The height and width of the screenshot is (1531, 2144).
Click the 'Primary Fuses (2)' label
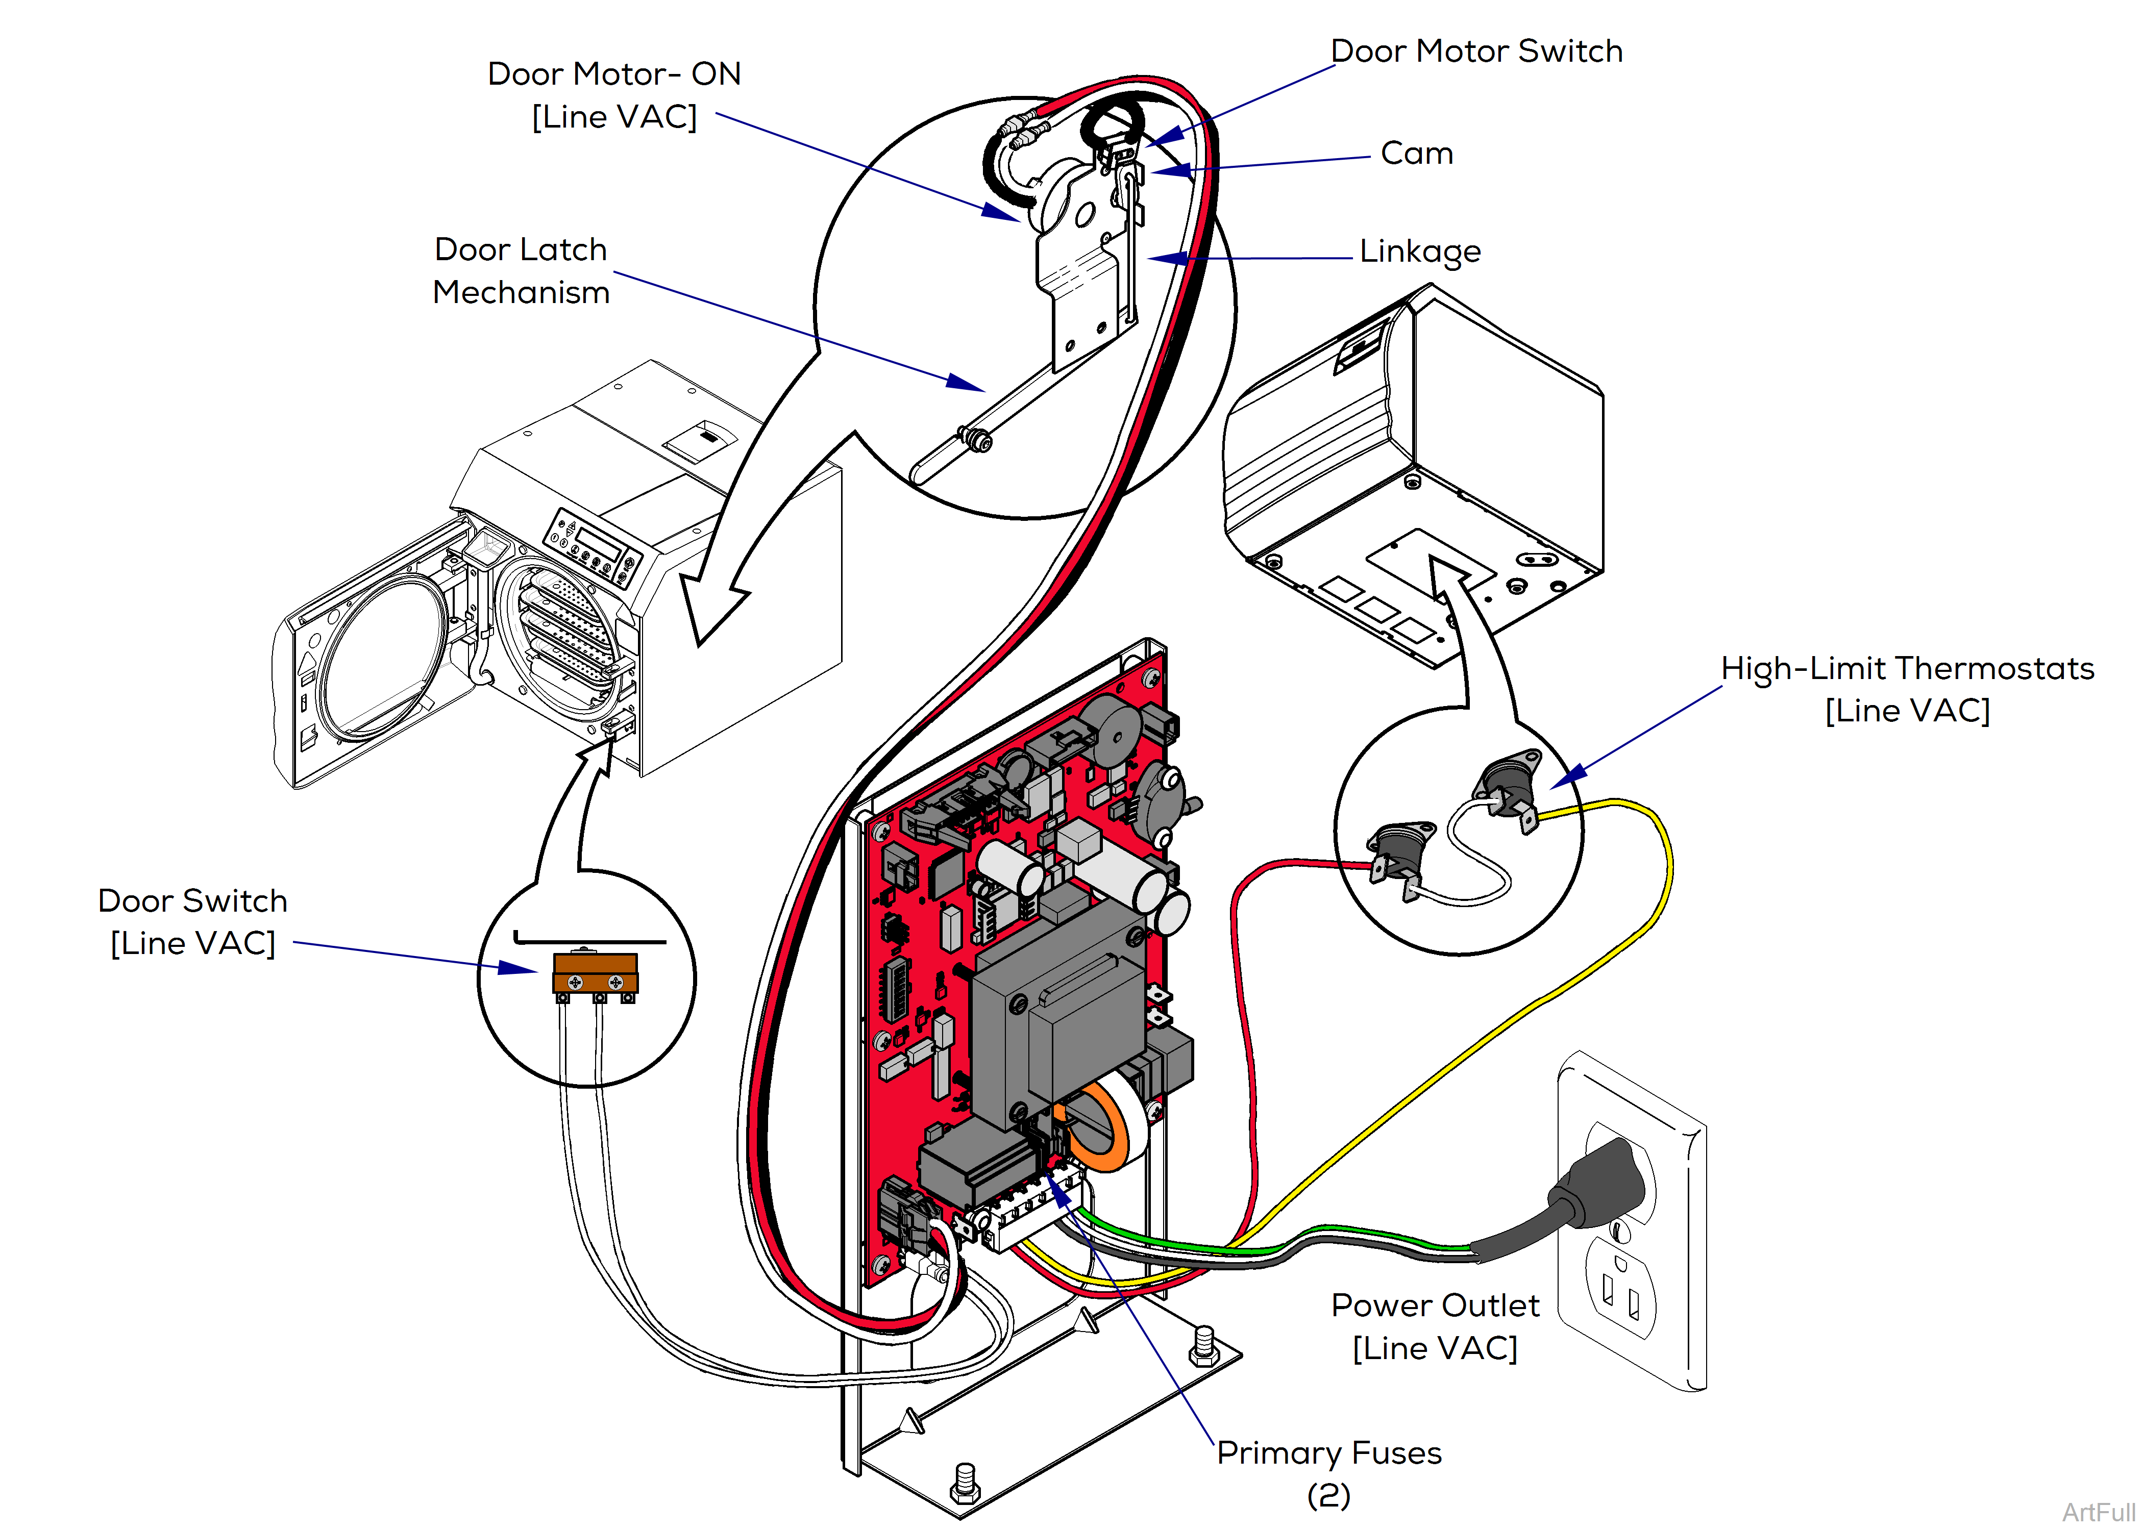[x=1328, y=1472]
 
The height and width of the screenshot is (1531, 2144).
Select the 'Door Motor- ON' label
[x=614, y=94]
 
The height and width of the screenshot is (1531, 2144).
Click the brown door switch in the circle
[x=595, y=972]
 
